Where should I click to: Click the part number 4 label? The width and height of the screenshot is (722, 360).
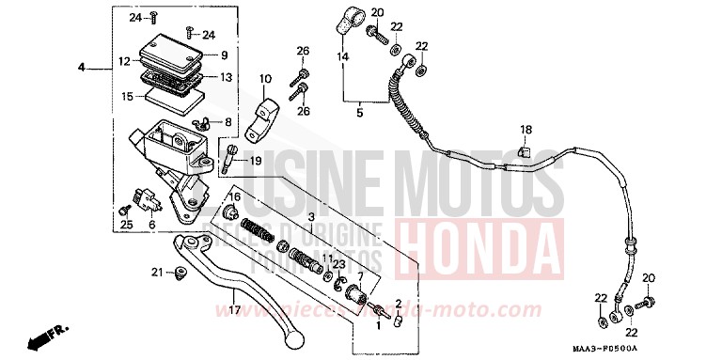(82, 67)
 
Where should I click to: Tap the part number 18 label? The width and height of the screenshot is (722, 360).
(526, 129)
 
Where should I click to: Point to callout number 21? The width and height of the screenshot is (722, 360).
(158, 272)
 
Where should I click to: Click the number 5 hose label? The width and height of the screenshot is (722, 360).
(358, 113)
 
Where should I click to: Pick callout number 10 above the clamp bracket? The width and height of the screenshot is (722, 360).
(264, 79)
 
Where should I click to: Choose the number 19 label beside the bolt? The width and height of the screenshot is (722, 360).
(256, 161)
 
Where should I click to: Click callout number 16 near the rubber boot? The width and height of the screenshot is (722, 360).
(236, 196)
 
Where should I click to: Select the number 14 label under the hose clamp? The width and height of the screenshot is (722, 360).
(342, 56)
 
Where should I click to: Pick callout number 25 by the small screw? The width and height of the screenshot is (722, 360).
(126, 225)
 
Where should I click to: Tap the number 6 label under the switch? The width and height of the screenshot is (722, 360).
(151, 225)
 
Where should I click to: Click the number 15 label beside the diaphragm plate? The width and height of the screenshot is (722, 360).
(128, 95)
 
